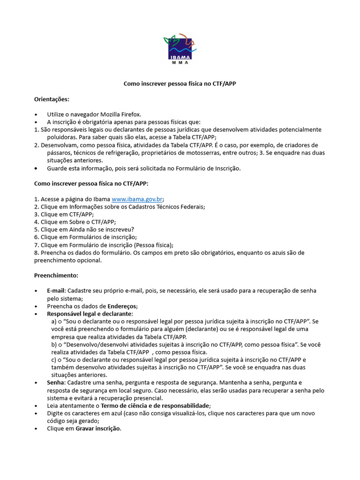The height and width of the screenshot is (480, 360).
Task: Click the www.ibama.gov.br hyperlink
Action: [137, 199]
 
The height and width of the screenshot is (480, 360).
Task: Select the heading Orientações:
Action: [52, 99]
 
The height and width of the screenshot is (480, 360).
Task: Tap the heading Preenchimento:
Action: [56, 275]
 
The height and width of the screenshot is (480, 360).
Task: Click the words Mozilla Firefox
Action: [120, 114]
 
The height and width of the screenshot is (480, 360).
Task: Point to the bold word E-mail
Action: [56, 291]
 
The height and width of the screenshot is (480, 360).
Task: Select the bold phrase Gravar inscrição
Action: [98, 428]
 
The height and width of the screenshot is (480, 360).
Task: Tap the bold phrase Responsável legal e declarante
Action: [90, 313]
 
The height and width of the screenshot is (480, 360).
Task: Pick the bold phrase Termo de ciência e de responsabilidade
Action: [155, 405]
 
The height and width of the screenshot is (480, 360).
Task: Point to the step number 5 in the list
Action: [36, 230]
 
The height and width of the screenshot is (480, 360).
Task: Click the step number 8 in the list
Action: [36, 253]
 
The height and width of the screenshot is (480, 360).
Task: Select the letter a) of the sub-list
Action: [54, 322]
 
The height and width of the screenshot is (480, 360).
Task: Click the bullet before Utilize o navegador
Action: [37, 115]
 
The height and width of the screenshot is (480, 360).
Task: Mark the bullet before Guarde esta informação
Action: [37, 168]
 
